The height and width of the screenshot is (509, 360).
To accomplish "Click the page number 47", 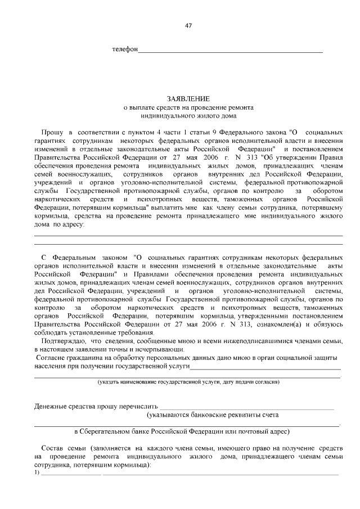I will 188,26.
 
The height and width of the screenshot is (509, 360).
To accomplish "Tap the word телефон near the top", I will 125,49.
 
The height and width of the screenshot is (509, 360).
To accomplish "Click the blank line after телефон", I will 231,51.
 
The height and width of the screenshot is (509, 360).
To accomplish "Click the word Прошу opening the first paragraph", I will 52,130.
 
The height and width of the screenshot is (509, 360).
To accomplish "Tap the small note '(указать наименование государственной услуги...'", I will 188,382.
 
